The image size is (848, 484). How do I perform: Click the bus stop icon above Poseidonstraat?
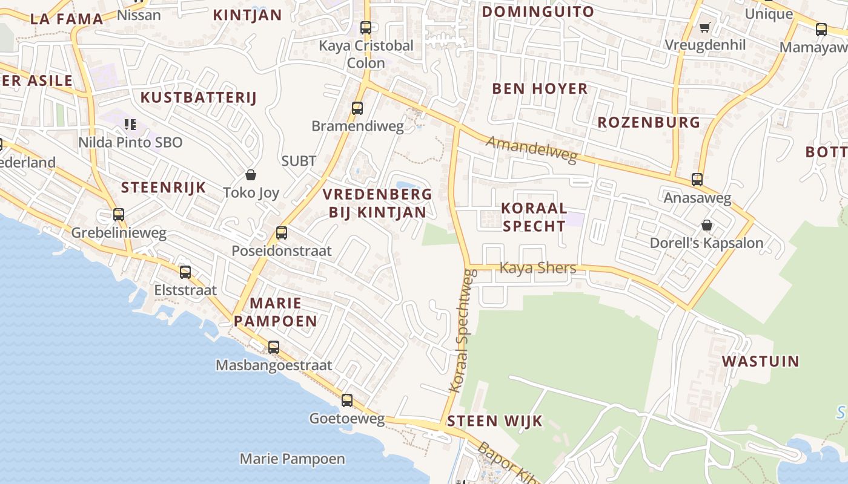click(281, 233)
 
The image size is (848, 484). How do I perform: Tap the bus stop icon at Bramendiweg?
click(357, 108)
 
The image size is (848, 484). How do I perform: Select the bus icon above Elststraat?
click(185, 272)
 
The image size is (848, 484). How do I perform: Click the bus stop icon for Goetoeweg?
click(347, 400)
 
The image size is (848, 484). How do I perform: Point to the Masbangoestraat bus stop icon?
click(274, 347)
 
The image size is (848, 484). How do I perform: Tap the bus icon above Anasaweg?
click(697, 180)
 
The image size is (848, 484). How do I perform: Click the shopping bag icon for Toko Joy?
click(251, 175)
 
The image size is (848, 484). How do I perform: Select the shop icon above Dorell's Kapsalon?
click(706, 225)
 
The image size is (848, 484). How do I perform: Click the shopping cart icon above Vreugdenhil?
click(704, 27)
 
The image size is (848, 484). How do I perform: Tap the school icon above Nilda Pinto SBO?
click(130, 125)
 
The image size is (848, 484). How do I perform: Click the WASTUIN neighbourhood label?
click(760, 361)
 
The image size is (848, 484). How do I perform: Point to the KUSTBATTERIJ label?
click(199, 97)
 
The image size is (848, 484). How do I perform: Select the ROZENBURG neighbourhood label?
click(648, 122)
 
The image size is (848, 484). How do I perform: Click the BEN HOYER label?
click(540, 89)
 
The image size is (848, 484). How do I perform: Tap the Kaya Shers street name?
click(537, 267)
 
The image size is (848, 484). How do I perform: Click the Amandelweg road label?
click(531, 149)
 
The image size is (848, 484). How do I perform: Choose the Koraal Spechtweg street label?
click(463, 332)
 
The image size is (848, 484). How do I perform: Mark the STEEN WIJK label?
click(494, 421)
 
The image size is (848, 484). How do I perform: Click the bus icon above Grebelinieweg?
click(119, 215)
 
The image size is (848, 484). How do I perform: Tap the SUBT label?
click(299, 161)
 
